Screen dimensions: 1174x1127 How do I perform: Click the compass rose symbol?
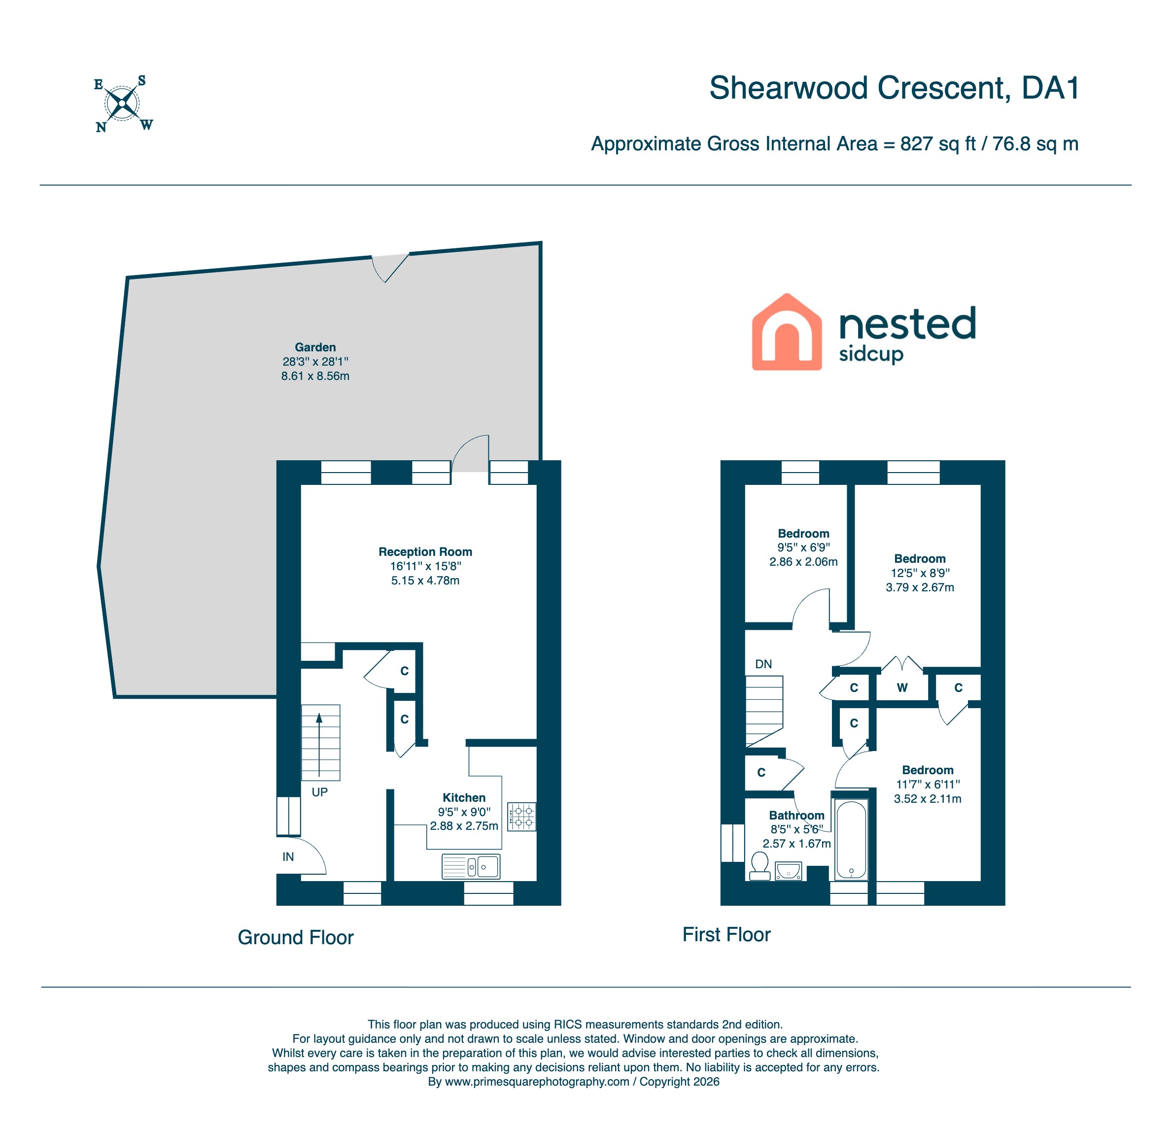pos(123,104)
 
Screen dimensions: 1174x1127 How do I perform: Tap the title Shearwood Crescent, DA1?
pos(894,88)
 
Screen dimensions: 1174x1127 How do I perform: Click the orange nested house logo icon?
pos(787,332)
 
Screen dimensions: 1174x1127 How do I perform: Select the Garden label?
pos(315,347)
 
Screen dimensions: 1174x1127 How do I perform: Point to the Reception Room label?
pos(425,551)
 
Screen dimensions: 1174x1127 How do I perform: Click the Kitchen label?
pos(464,798)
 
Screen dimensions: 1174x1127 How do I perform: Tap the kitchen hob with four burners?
pos(522,817)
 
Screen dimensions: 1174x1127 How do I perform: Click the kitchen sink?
pos(471,866)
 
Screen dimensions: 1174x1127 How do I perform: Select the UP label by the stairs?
pos(319,792)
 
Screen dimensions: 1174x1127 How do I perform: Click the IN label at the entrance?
pos(288,857)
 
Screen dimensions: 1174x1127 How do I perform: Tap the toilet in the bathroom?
pos(760,866)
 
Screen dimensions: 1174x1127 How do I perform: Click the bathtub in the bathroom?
pos(851,840)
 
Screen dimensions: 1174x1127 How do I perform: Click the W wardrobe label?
pos(902,687)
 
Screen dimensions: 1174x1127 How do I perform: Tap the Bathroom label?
pos(796,815)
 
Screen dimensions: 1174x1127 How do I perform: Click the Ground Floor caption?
pos(295,937)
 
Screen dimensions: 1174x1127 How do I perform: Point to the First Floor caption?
pos(726,934)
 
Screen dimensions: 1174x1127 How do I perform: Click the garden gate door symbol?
pos(389,268)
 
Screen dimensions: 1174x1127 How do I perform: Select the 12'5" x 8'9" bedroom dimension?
pos(920,573)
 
